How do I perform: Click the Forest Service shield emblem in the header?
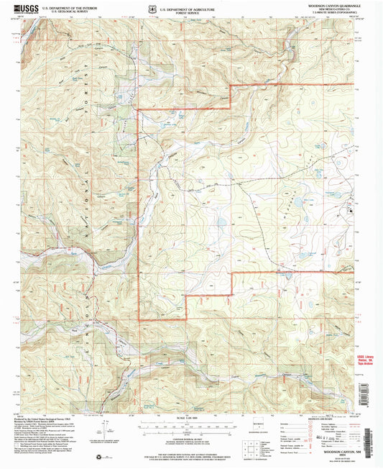pyautogui.click(x=148, y=8)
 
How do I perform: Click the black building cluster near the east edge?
pyautogui.click(x=351, y=211)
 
